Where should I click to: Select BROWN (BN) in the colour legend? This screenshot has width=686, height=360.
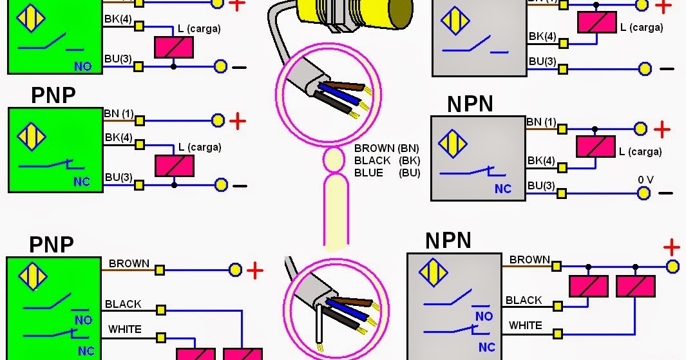386,148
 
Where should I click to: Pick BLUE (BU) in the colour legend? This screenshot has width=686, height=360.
386,173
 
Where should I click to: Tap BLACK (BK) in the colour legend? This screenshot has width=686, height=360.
386,160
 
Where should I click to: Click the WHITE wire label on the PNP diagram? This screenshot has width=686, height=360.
124,329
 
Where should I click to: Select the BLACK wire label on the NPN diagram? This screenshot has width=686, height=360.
524,300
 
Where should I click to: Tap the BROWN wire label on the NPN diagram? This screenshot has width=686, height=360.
529,260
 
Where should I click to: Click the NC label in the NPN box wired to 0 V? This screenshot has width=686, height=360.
502,189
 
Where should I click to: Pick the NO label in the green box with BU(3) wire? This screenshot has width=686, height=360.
82,66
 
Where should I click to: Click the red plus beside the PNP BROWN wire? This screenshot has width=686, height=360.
255,270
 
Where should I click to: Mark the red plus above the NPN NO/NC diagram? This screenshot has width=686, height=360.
672,247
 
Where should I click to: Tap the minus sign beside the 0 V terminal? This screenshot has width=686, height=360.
666,193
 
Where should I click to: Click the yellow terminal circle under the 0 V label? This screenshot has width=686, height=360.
643,193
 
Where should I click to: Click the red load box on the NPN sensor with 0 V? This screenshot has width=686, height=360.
596,147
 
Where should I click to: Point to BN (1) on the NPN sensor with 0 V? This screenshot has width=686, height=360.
541,122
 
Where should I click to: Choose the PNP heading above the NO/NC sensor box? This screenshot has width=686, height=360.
52,245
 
